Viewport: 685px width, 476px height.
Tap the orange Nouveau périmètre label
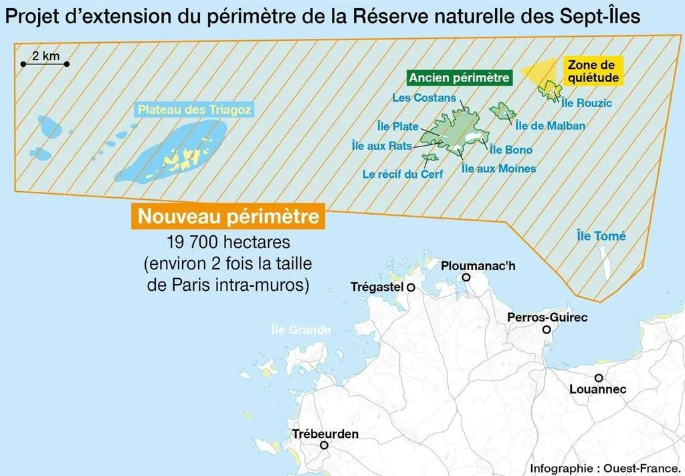tap(228, 217)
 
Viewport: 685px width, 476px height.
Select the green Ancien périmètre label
tap(460, 78)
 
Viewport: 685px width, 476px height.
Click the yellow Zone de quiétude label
tap(591, 72)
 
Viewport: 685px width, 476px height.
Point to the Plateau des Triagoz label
tap(195, 110)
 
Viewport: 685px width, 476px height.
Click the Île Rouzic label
tap(587, 103)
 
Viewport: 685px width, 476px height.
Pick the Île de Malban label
tap(551, 125)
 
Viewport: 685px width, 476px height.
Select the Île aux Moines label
tap(499, 168)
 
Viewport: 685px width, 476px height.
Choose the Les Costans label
tap(424, 98)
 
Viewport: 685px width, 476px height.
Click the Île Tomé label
tap(601, 236)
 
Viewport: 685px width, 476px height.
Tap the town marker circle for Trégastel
tap(411, 287)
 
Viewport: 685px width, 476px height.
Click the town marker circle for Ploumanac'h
tap(466, 277)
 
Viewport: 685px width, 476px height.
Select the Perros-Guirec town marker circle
tap(547, 330)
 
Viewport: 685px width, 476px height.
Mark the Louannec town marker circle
tap(599, 378)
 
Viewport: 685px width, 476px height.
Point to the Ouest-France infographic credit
tap(605, 467)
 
